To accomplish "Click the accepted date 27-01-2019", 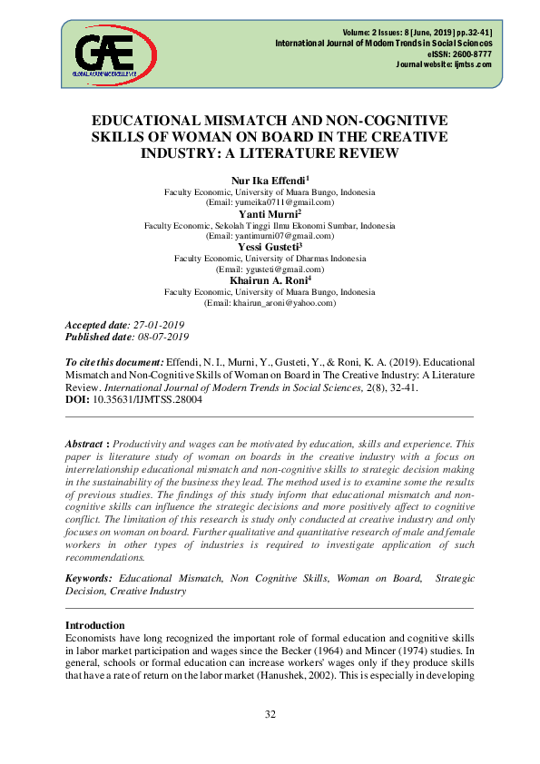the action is click(x=158, y=325).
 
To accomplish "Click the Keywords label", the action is click(x=89, y=578).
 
